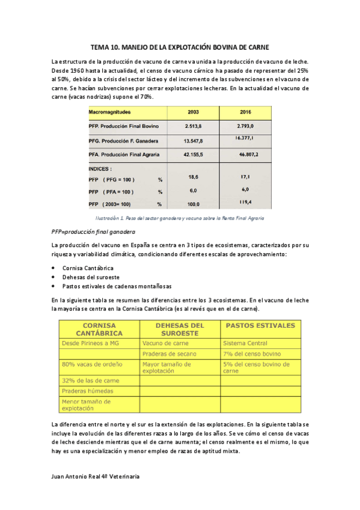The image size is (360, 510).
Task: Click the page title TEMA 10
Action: pos(180,46)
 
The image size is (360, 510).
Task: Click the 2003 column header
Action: pos(194,112)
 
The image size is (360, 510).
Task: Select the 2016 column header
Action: pos(245,112)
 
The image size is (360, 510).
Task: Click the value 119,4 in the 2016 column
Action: pos(246,202)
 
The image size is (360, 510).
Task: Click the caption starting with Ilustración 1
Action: pos(180,218)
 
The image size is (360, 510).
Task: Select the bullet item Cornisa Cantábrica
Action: pos(88,268)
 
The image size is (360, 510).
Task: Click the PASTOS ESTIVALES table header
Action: pos(260,325)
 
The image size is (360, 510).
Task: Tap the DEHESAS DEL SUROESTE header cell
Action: pos(180,329)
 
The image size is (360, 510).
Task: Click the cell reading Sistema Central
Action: pos(244,343)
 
